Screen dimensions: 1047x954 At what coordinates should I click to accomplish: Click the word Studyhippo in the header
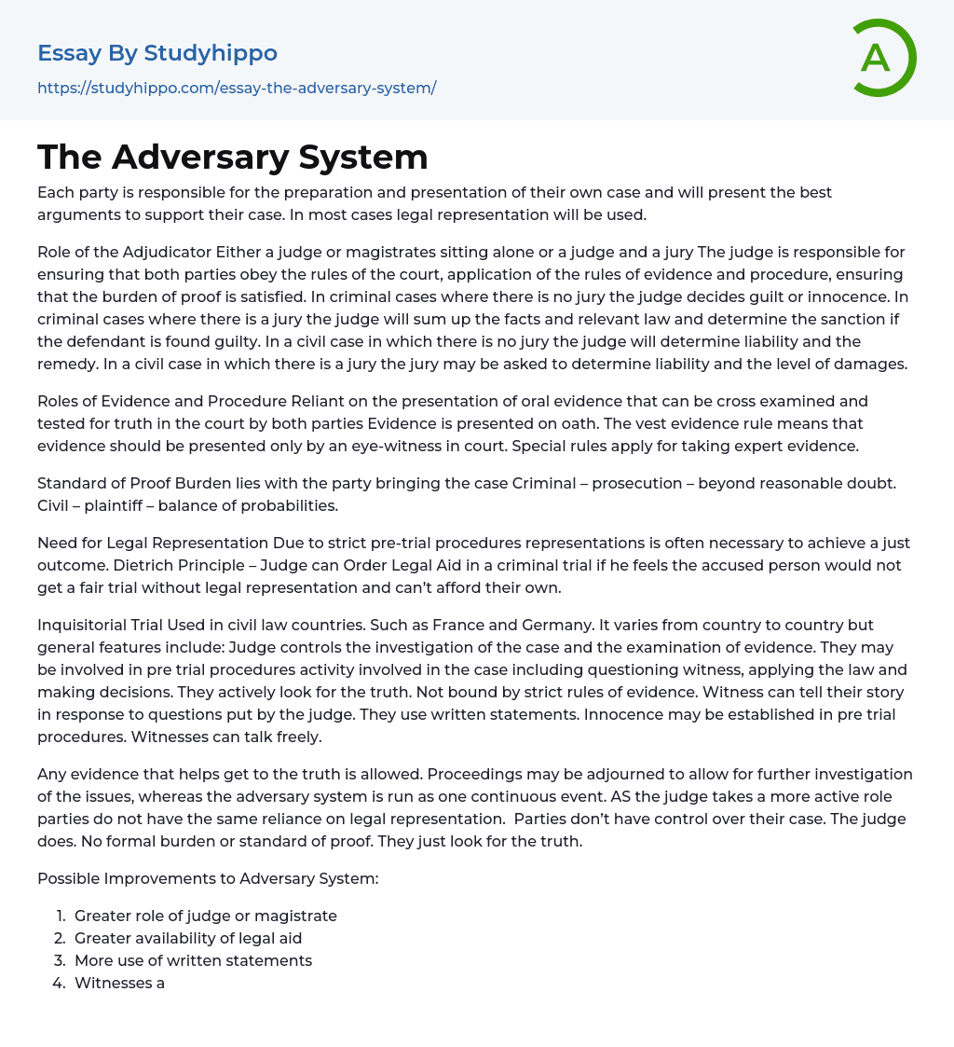(x=211, y=53)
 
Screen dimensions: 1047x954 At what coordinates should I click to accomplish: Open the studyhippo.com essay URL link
(x=237, y=88)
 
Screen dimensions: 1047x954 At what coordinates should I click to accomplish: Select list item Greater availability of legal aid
(x=188, y=938)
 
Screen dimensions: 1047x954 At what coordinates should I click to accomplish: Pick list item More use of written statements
(x=193, y=960)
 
